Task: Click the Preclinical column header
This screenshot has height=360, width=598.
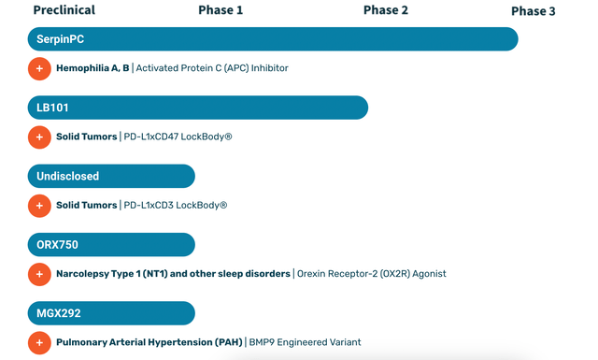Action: (64, 10)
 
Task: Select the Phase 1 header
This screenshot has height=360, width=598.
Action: (221, 10)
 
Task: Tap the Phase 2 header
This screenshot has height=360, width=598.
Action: (385, 10)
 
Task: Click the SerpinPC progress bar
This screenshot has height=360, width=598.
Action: (272, 39)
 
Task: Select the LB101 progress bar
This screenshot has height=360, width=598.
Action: (197, 108)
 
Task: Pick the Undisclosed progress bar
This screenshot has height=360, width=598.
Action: (111, 176)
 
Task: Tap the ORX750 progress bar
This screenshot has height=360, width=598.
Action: (111, 244)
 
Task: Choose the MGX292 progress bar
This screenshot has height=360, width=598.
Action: (111, 313)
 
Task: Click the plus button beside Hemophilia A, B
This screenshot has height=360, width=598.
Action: (39, 68)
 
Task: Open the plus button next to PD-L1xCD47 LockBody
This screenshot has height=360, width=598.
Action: (39, 137)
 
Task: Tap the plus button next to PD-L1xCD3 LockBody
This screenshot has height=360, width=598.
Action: (39, 205)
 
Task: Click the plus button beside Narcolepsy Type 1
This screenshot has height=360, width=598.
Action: (39, 274)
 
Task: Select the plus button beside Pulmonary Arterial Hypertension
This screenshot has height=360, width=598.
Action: (39, 342)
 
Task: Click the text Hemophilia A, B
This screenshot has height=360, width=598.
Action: (93, 68)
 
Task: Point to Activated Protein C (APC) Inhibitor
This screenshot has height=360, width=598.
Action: (212, 68)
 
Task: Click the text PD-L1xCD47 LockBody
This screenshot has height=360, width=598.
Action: (178, 137)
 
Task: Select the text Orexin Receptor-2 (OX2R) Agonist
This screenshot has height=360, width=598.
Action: (372, 274)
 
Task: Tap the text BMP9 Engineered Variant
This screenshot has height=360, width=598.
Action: (305, 342)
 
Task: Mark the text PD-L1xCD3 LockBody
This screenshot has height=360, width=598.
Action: (176, 205)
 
